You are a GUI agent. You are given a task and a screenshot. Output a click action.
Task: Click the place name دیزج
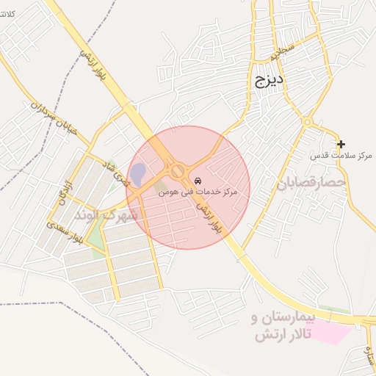coord(270,80)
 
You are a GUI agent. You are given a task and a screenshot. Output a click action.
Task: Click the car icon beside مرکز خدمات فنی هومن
coord(198,181)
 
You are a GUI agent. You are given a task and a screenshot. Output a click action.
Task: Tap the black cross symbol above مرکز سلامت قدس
coord(341,144)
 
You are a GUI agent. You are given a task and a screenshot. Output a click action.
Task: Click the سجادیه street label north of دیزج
coord(281,52)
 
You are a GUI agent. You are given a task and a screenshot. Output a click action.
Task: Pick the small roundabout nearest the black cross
coord(307,122)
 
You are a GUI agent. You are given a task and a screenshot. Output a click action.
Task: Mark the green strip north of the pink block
coord(334,310)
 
